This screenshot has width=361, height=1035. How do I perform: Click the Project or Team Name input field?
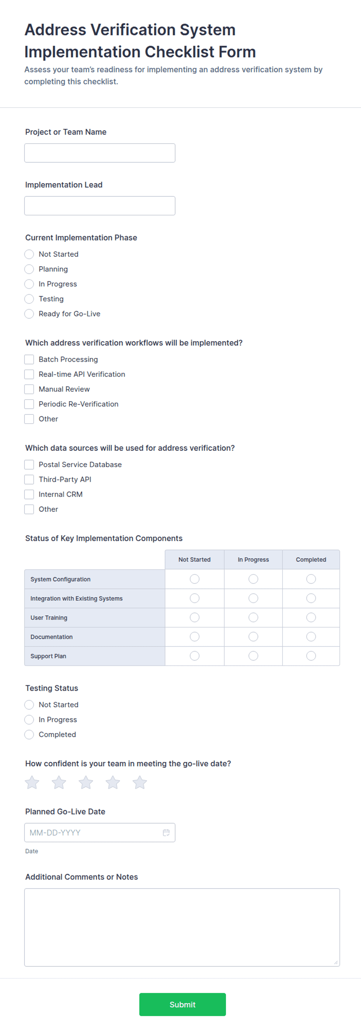tap(99, 153)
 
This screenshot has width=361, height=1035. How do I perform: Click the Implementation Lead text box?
tap(99, 206)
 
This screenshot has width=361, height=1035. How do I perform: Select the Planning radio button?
tap(29, 269)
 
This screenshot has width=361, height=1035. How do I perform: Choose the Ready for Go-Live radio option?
tap(29, 314)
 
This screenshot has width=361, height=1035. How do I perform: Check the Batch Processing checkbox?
tap(29, 359)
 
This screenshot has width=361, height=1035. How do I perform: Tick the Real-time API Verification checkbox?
tap(29, 374)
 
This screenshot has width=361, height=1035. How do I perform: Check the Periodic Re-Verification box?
tap(29, 404)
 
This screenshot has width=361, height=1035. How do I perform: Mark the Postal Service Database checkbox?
tap(29, 464)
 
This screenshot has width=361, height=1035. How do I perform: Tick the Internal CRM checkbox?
tap(29, 494)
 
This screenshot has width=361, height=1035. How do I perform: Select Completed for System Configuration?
tap(311, 579)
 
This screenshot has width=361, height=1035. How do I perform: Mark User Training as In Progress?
tap(253, 617)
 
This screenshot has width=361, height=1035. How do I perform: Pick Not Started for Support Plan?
tap(194, 656)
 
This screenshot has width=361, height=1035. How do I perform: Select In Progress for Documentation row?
tap(253, 636)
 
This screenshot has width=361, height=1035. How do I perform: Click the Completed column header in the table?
tap(311, 560)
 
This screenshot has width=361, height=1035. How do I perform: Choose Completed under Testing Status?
tap(29, 734)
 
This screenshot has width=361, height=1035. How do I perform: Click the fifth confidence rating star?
tap(140, 782)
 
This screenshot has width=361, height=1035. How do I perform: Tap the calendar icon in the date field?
tap(166, 832)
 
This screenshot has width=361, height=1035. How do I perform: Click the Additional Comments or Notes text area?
tap(182, 927)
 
